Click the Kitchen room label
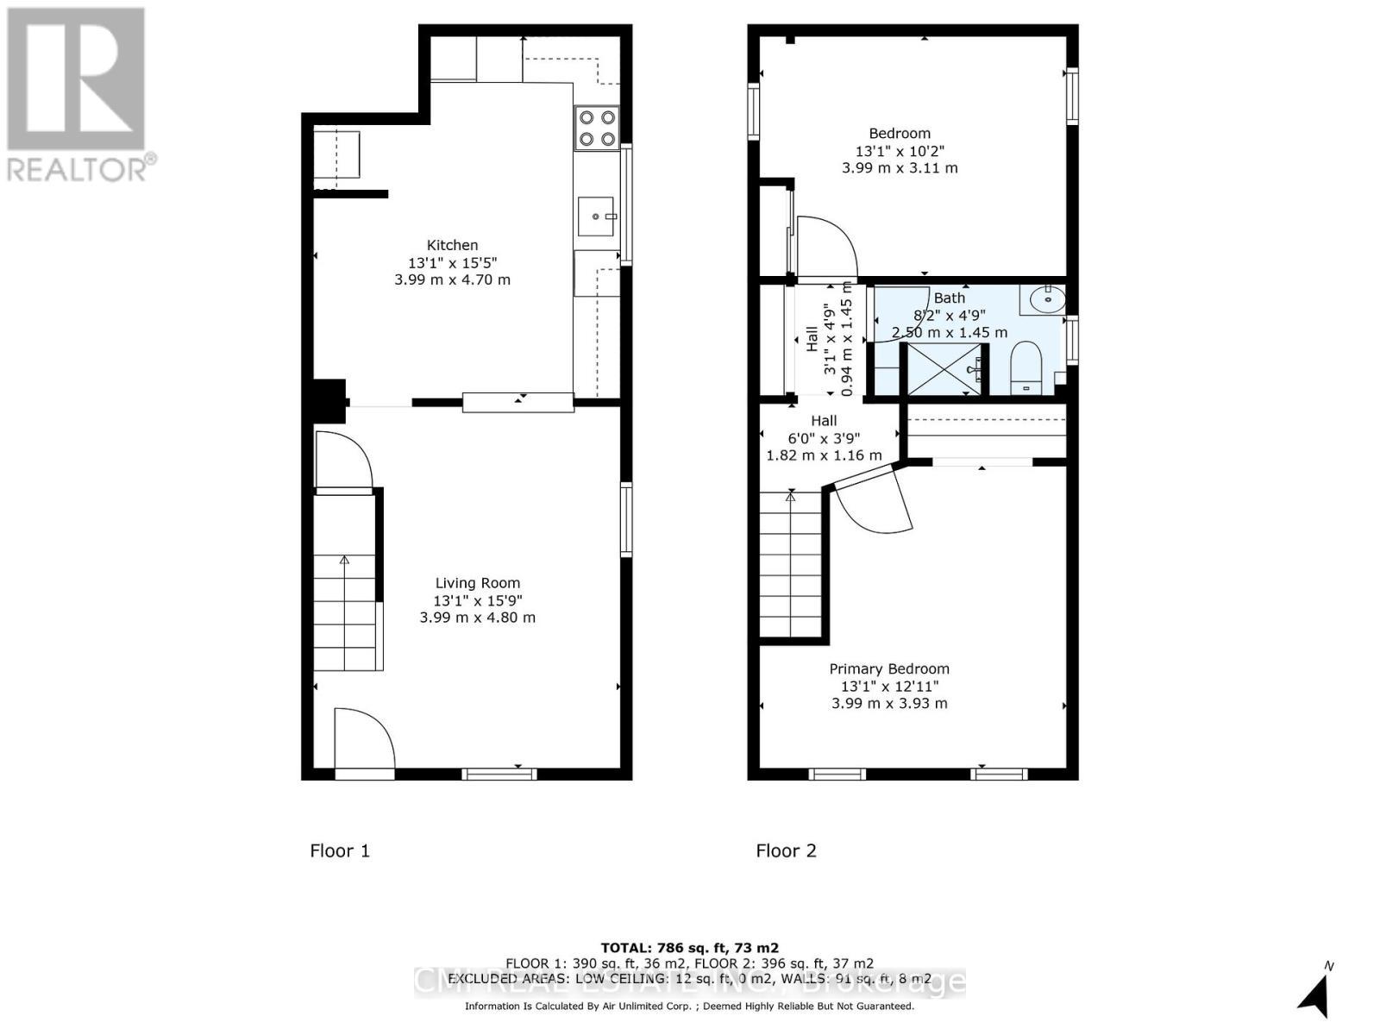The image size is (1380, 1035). pos(452,245)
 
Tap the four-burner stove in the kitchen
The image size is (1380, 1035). pos(597,128)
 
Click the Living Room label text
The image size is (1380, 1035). pos(477,583)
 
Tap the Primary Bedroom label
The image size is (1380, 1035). pos(889,668)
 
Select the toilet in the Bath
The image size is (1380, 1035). pos(1026,367)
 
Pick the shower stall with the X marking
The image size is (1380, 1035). pos(942,369)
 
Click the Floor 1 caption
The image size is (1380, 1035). pos(340,850)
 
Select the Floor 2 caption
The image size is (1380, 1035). pos(786,850)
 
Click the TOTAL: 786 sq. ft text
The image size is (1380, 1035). pos(689,947)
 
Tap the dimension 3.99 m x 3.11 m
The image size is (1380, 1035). pos(900,168)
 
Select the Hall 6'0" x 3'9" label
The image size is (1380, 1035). pos(824,437)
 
